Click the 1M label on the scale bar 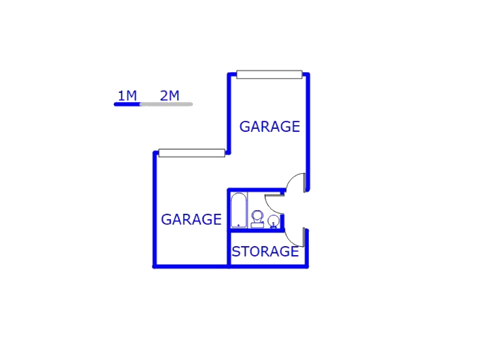pos(127,96)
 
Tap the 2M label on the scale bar pos(169,96)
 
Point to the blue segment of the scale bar pos(127,104)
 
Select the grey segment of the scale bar pos(166,104)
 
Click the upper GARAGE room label pos(270,127)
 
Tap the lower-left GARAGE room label pos(191,220)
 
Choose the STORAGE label pos(265,252)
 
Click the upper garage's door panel pos(269,74)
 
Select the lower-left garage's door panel pos(192,153)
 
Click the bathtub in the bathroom pos(238,210)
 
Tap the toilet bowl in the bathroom pos(257,216)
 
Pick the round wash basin pos(273,220)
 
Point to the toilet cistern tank pos(257,225)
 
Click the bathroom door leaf pos(274,195)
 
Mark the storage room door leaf pos(304,237)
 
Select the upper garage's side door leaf pos(304,183)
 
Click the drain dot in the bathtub pos(238,225)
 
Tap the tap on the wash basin pos(273,226)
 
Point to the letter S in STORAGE pos(235,252)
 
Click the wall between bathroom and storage pos(256,230)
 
